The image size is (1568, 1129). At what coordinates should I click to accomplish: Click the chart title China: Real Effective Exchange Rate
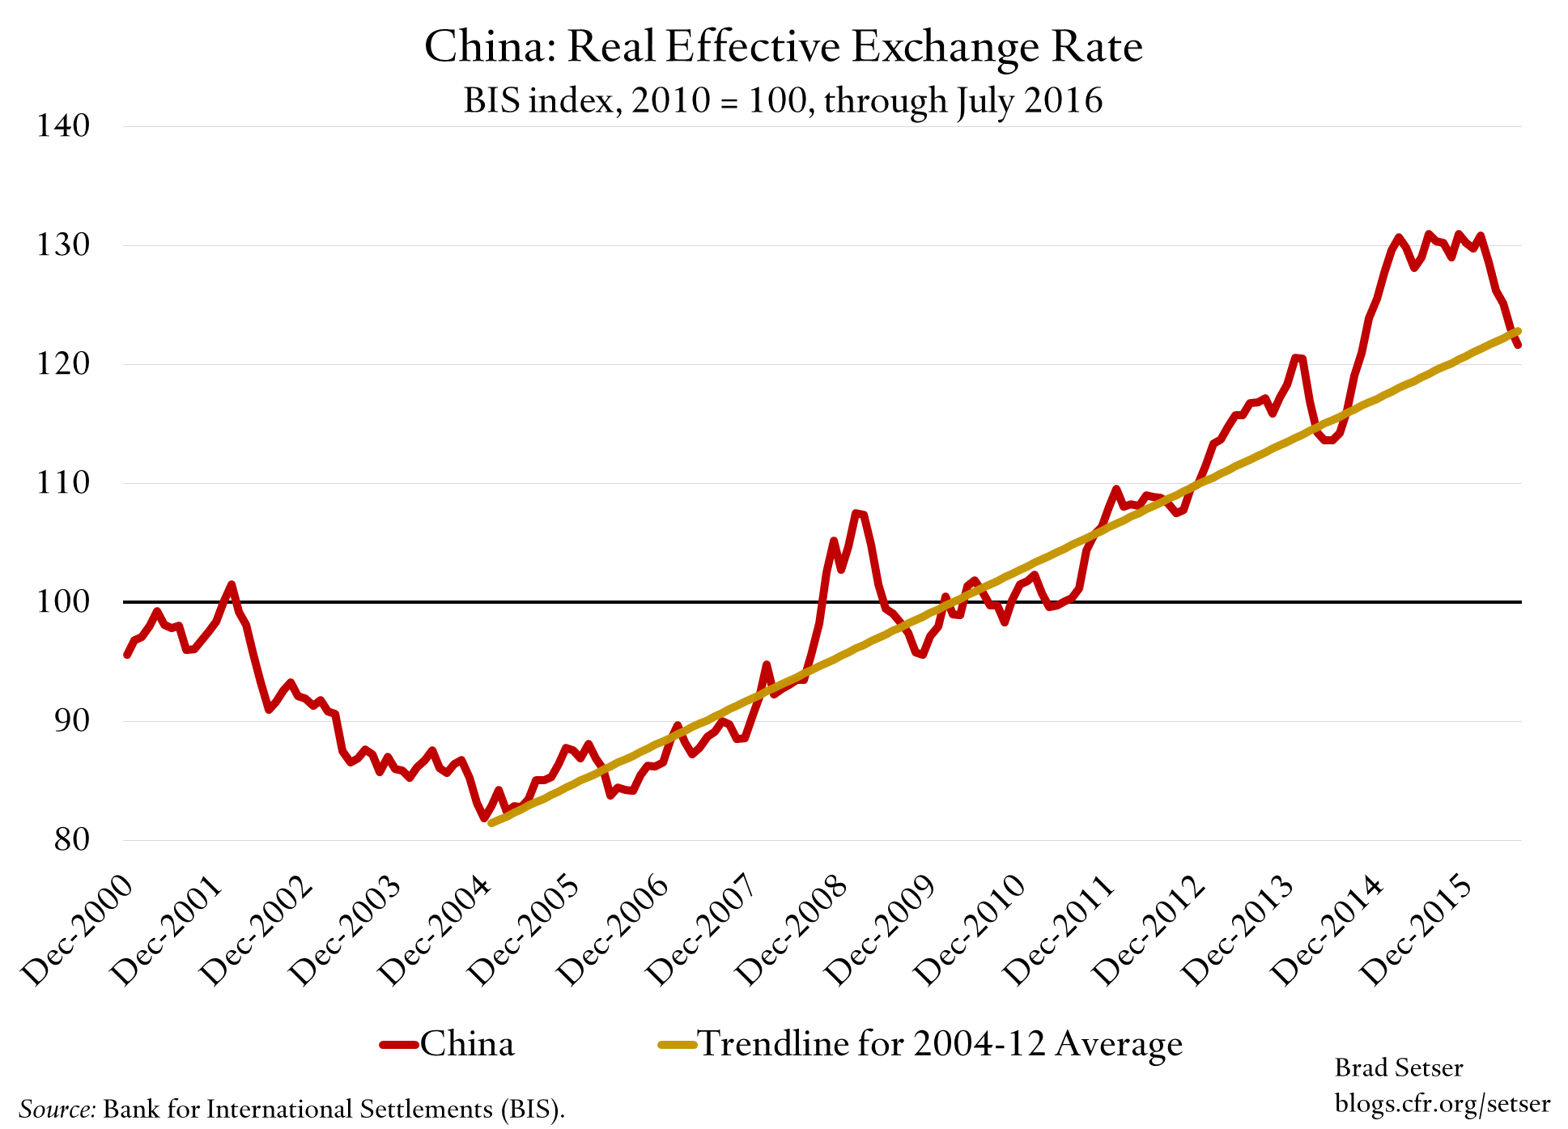pos(783,47)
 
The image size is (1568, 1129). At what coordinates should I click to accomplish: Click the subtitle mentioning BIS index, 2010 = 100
pos(783,101)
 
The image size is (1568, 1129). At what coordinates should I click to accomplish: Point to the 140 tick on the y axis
pos(63,125)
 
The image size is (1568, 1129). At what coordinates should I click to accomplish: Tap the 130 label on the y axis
pos(63,244)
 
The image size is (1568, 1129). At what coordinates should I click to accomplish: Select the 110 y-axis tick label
pos(63,483)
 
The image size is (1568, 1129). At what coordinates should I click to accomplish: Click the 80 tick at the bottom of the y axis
pos(71,839)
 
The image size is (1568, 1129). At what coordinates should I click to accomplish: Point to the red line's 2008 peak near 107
pos(856,513)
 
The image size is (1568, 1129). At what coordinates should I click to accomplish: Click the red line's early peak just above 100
pos(232,584)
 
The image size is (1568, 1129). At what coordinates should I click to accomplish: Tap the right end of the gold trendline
pos(1518,331)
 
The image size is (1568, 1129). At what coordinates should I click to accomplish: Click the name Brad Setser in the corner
pos(1398,1068)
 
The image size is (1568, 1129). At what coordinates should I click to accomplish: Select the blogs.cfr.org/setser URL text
pos(1442,1104)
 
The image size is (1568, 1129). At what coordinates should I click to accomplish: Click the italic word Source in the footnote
pos(57,1109)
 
